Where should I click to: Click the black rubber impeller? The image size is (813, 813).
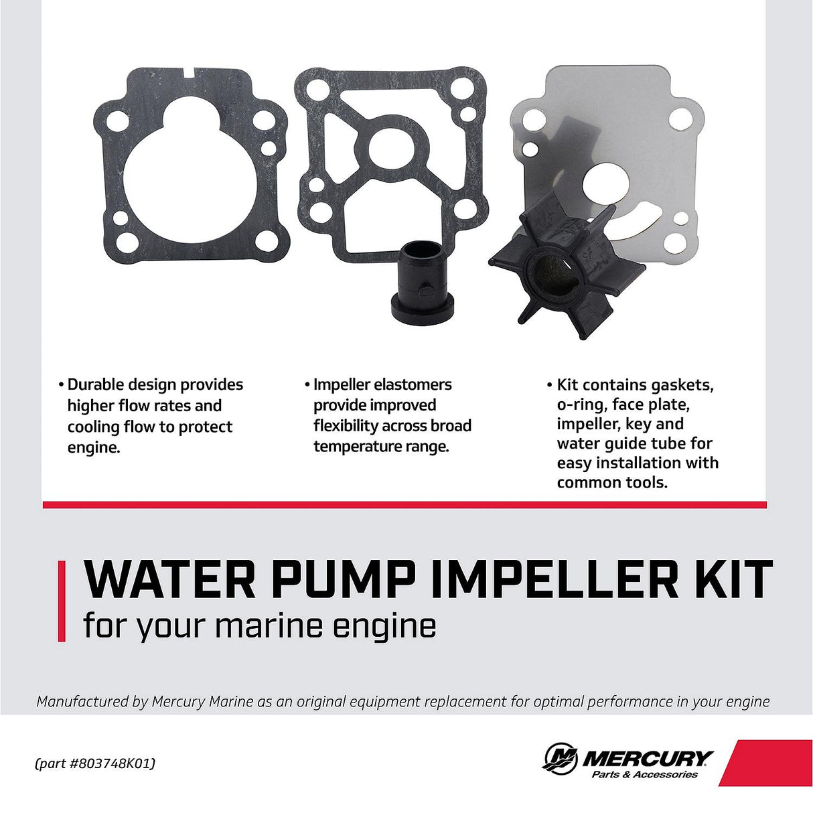(567, 268)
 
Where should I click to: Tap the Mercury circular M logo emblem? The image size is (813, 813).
(560, 759)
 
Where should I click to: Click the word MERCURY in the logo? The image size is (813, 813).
(648, 758)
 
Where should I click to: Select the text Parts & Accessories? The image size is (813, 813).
(644, 775)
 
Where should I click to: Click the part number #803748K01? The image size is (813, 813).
(111, 763)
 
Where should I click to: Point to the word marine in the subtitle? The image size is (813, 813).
(269, 626)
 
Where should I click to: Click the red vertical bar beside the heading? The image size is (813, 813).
(62, 601)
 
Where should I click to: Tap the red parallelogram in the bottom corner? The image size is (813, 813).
(767, 762)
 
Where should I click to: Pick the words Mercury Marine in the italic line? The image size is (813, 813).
(202, 701)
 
